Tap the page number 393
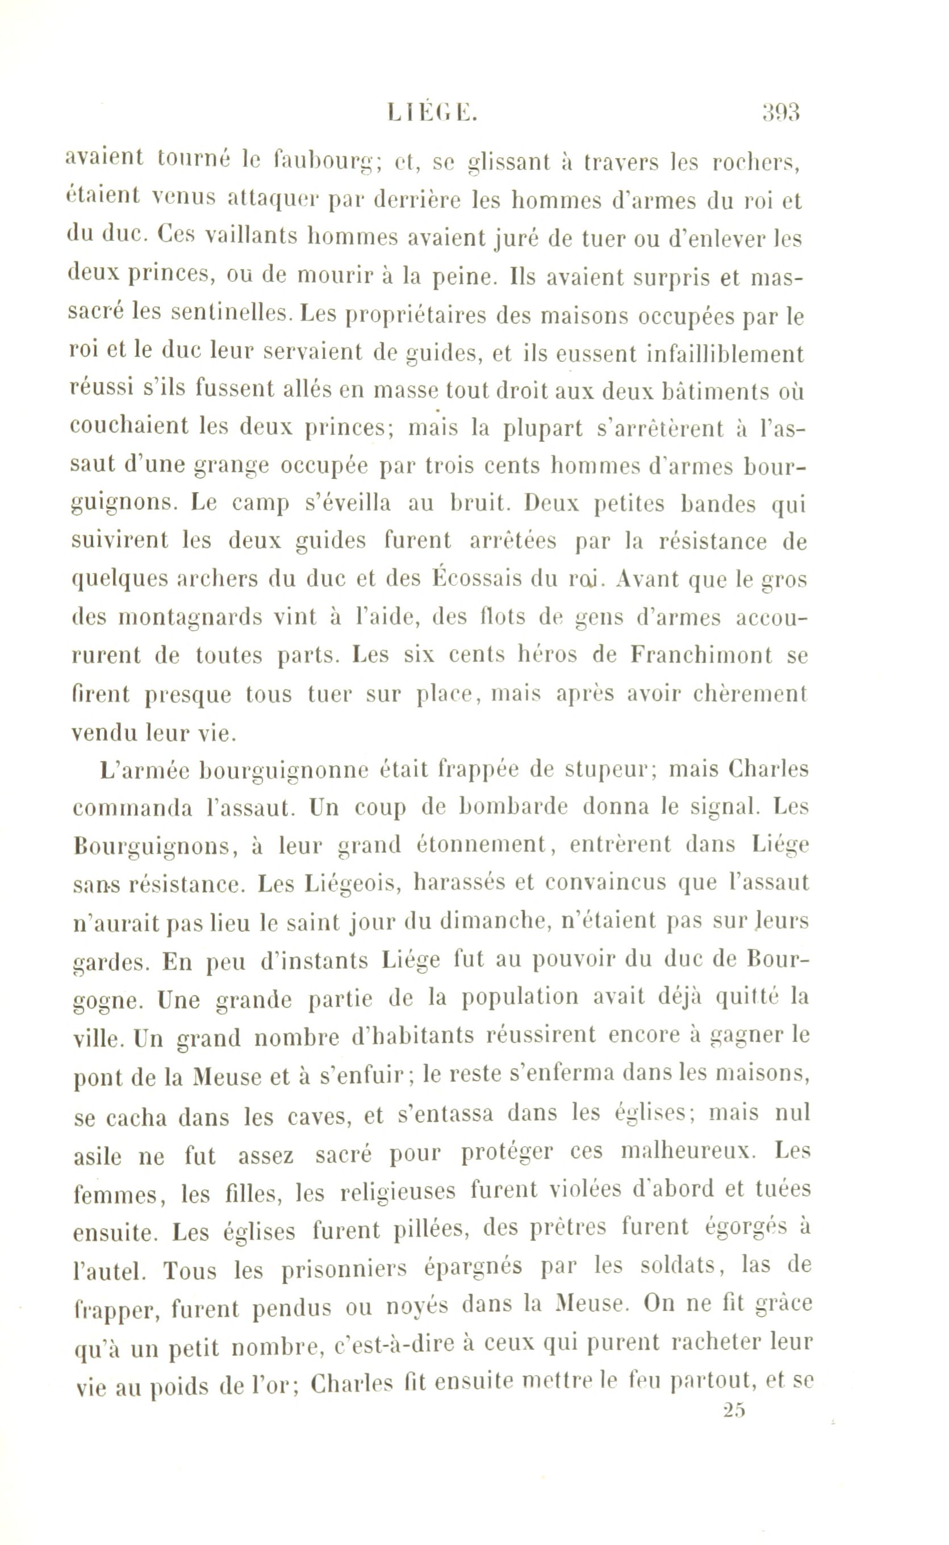[780, 113]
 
